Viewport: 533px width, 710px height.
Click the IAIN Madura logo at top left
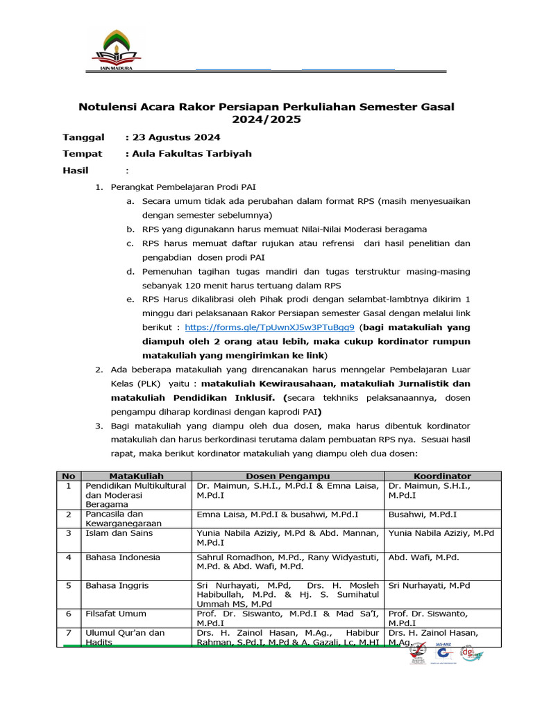coord(115,51)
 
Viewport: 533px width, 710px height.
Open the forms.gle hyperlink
coord(270,327)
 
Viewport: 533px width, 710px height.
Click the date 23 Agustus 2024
coord(176,137)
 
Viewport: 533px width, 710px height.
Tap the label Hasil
coord(76,170)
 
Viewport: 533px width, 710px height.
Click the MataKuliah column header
coord(136,476)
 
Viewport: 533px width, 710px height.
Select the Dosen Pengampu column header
coord(288,476)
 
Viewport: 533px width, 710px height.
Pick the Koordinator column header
coord(442,476)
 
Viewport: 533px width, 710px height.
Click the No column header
coord(68,476)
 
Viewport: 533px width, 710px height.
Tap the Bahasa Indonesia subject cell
coord(122,557)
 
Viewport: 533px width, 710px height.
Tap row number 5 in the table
coord(68,585)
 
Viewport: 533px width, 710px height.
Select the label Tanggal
coord(83,137)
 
